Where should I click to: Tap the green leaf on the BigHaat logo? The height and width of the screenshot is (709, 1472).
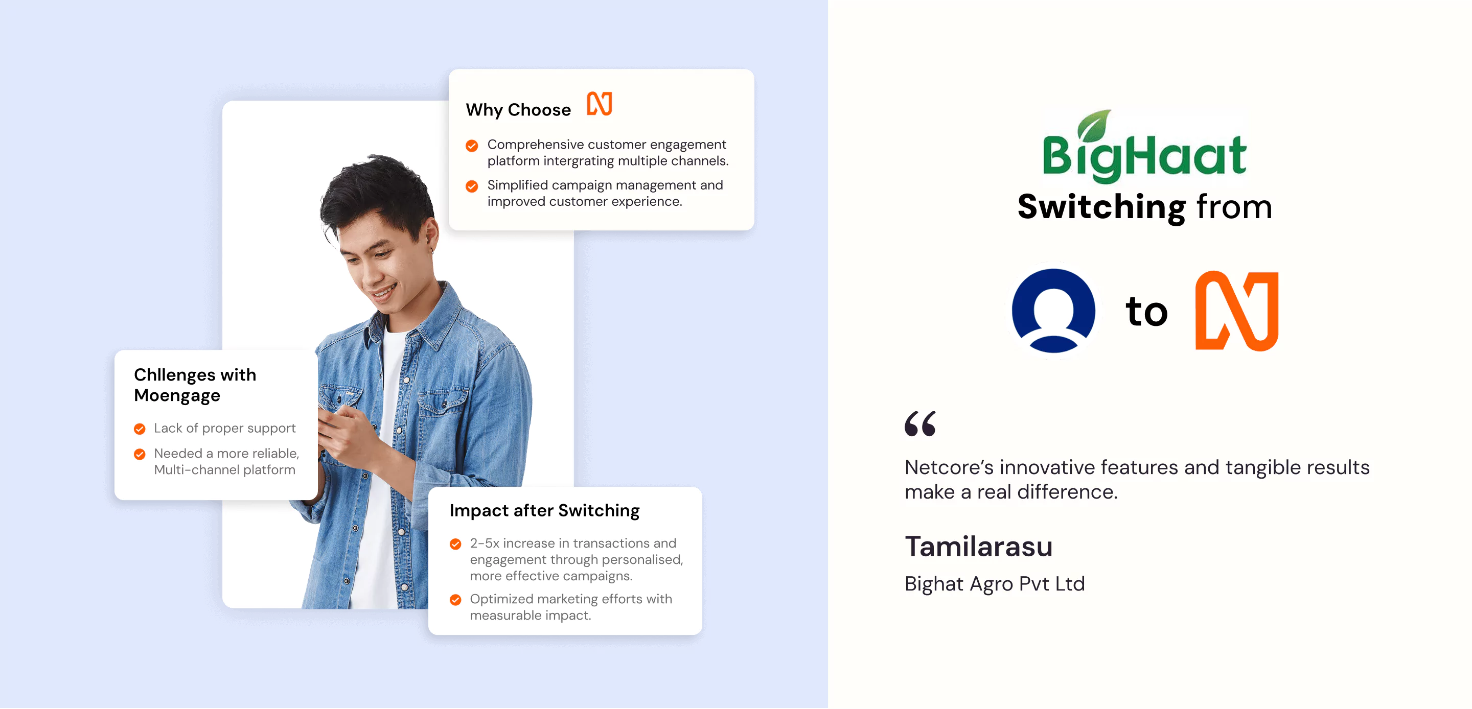[x=1095, y=125]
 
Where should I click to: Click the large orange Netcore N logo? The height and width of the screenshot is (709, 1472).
[x=1236, y=311]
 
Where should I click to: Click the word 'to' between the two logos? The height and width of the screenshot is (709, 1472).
[x=1146, y=312]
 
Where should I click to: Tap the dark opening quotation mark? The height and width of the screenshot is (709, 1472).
[x=920, y=423]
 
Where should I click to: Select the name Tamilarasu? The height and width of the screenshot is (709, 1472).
[x=978, y=546]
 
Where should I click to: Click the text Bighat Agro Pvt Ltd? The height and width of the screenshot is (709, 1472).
[x=994, y=584]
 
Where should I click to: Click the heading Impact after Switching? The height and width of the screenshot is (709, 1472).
[x=544, y=510]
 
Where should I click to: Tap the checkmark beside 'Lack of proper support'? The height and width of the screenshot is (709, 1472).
[x=140, y=429]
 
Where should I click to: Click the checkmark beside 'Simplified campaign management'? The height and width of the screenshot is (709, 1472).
[x=471, y=186]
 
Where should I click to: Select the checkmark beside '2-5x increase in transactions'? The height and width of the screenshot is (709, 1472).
[x=455, y=544]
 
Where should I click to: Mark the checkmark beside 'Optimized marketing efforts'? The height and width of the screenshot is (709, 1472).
[x=455, y=600]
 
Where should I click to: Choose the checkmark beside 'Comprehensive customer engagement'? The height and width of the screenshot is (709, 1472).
[x=471, y=146]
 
